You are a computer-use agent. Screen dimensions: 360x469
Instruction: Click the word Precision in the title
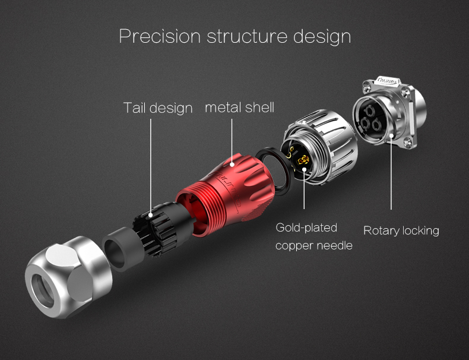pyautogui.click(x=160, y=36)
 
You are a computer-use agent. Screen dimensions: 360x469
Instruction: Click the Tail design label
pyautogui.click(x=158, y=108)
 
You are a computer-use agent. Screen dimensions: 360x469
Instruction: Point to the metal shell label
pyautogui.click(x=239, y=108)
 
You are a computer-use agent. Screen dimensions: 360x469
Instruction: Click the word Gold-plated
pyautogui.click(x=306, y=228)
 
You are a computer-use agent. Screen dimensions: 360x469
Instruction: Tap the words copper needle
pyautogui.click(x=313, y=245)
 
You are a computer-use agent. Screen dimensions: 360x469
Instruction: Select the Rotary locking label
pyautogui.click(x=401, y=230)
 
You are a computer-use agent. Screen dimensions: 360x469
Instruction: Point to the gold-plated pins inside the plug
pyautogui.click(x=302, y=159)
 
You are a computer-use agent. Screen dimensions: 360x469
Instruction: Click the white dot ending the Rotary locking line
pyautogui.click(x=391, y=137)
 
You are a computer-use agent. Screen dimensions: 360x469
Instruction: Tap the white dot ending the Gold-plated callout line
pyautogui.click(x=304, y=169)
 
